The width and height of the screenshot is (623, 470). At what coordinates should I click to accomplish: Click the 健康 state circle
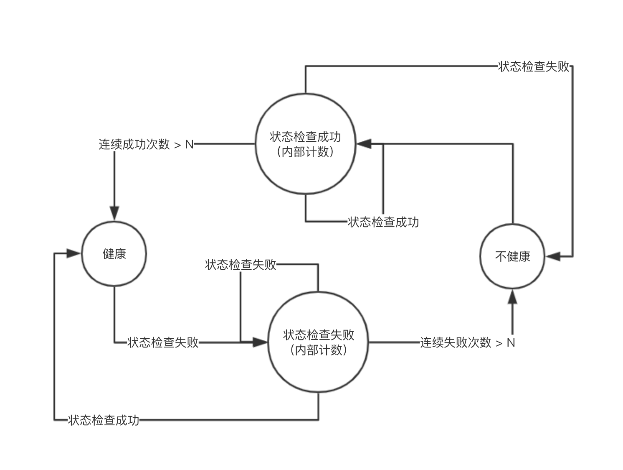point(114,254)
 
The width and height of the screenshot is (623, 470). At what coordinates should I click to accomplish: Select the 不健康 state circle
point(512,256)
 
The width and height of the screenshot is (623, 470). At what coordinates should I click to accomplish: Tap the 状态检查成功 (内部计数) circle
point(305,144)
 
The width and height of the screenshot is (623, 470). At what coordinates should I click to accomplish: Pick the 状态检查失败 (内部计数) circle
point(318,342)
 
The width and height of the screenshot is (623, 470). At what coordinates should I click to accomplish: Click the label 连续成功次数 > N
point(146,144)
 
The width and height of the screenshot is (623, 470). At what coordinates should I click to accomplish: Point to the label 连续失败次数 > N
point(467,342)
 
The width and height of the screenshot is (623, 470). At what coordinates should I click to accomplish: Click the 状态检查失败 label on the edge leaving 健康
point(163,342)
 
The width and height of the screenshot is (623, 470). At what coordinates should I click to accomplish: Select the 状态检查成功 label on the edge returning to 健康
point(104,420)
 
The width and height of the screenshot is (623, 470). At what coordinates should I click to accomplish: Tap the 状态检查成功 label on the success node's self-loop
point(383,222)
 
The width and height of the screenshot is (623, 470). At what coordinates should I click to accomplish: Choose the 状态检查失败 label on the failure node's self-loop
point(241,264)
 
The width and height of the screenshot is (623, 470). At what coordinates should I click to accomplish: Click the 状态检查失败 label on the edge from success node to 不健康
point(534,66)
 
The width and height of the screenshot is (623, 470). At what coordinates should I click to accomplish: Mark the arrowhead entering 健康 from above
point(114,213)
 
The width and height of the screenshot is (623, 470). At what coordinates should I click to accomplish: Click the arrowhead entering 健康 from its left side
point(73,253)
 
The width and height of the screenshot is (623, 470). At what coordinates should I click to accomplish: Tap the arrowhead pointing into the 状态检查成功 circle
point(363,144)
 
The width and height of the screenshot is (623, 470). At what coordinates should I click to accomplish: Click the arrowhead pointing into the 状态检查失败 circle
point(260,342)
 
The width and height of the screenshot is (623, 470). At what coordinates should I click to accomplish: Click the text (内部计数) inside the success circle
point(305,152)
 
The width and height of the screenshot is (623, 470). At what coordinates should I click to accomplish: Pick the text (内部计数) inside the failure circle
point(318,350)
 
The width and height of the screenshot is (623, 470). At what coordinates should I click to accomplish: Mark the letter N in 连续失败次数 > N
point(511,342)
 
